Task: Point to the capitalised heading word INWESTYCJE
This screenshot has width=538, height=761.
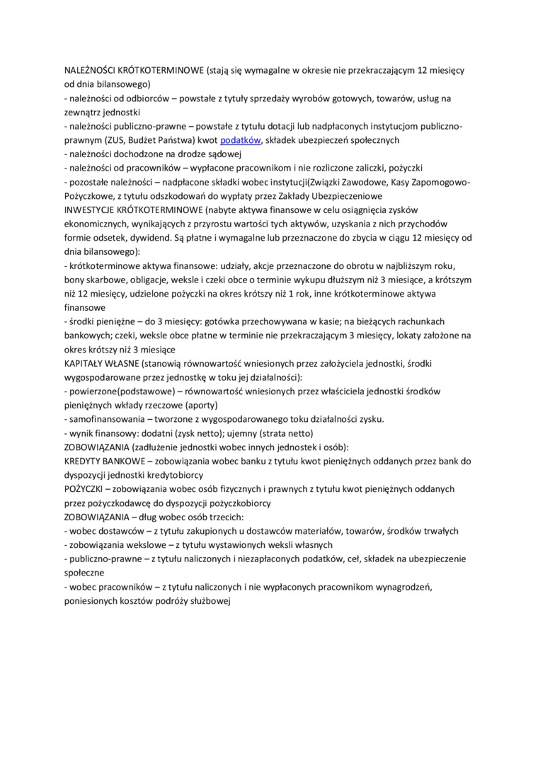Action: [90, 210]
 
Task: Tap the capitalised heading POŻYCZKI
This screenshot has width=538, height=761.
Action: [84, 489]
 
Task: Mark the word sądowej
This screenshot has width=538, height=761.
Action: [222, 154]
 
